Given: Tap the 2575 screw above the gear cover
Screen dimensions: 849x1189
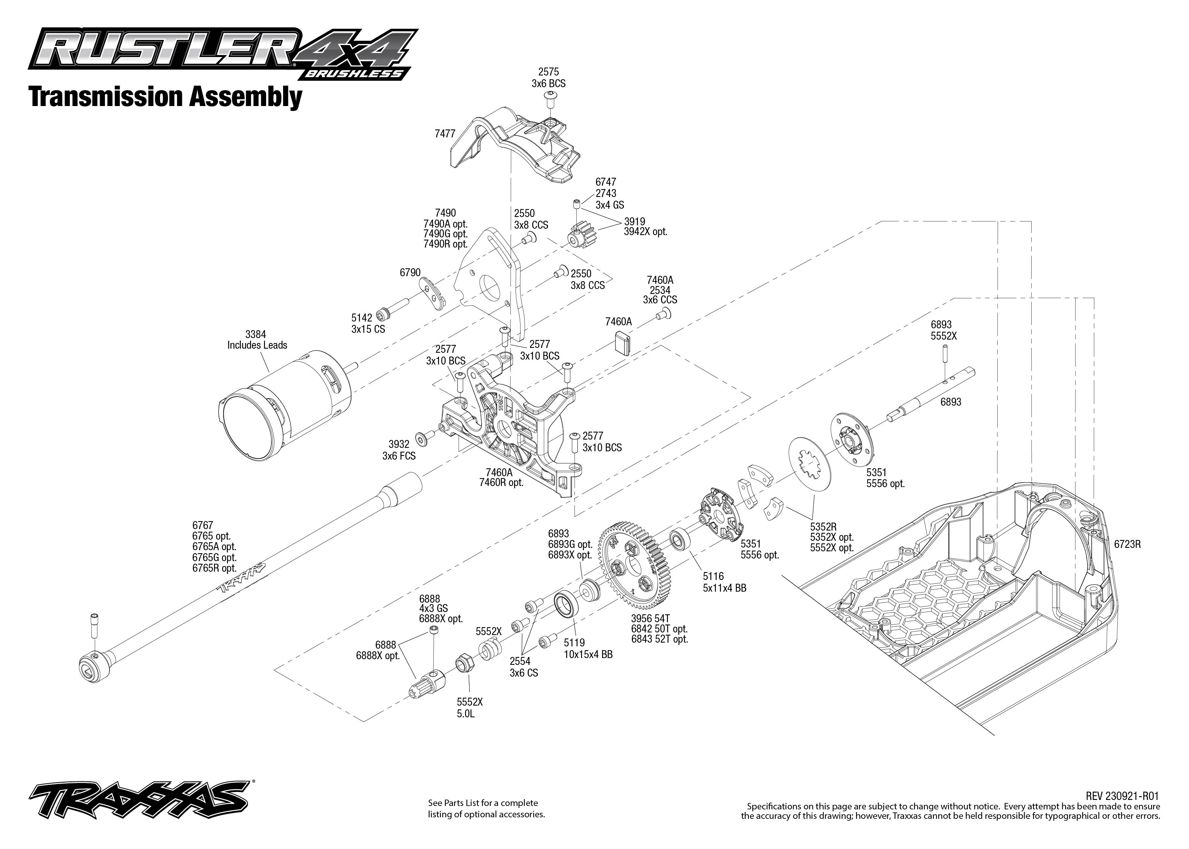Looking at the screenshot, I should tap(550, 98).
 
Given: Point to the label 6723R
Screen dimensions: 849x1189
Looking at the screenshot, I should tap(1127, 544).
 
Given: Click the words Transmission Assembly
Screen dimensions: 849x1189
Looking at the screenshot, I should tap(165, 97).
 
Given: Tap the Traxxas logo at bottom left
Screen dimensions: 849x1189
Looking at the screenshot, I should tap(139, 800).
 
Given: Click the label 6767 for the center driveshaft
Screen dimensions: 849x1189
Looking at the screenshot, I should tap(202, 525).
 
